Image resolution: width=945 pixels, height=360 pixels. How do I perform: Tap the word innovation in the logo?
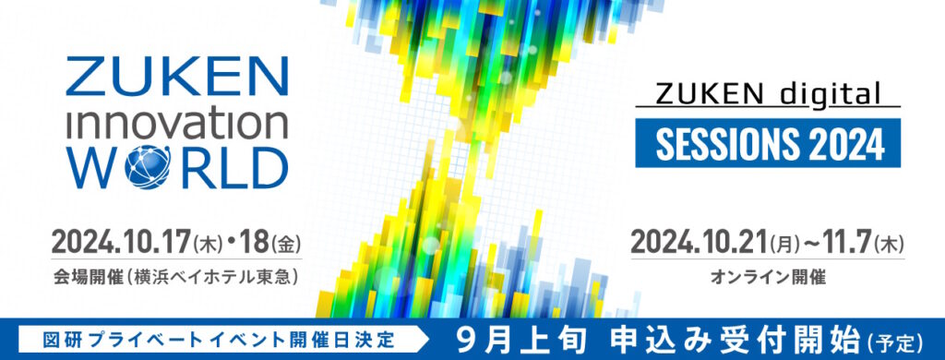(x=174, y=125)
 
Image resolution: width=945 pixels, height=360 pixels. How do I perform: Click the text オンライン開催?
(x=769, y=274)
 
